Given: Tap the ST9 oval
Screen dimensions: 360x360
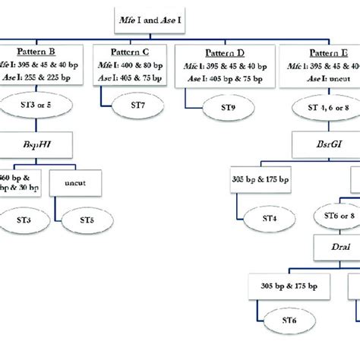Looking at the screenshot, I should (x=229, y=107).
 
